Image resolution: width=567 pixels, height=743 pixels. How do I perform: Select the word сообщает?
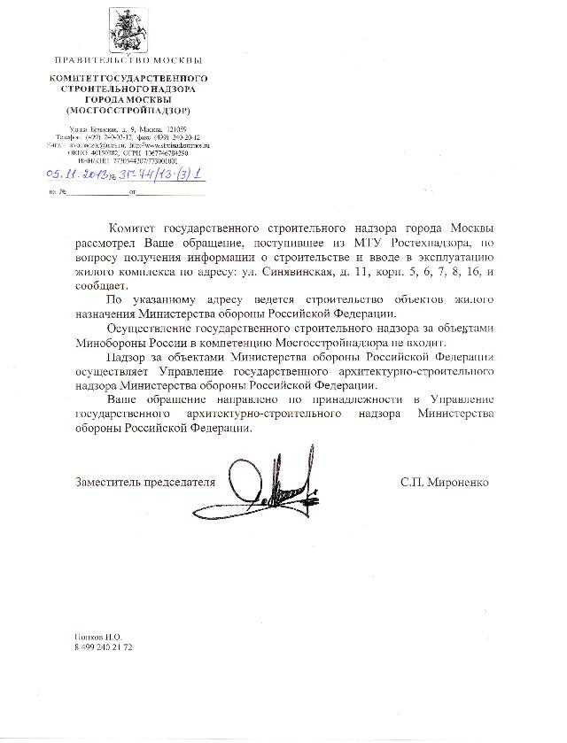click(x=102, y=287)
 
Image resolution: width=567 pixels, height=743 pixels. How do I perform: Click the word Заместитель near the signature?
click(x=109, y=483)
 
